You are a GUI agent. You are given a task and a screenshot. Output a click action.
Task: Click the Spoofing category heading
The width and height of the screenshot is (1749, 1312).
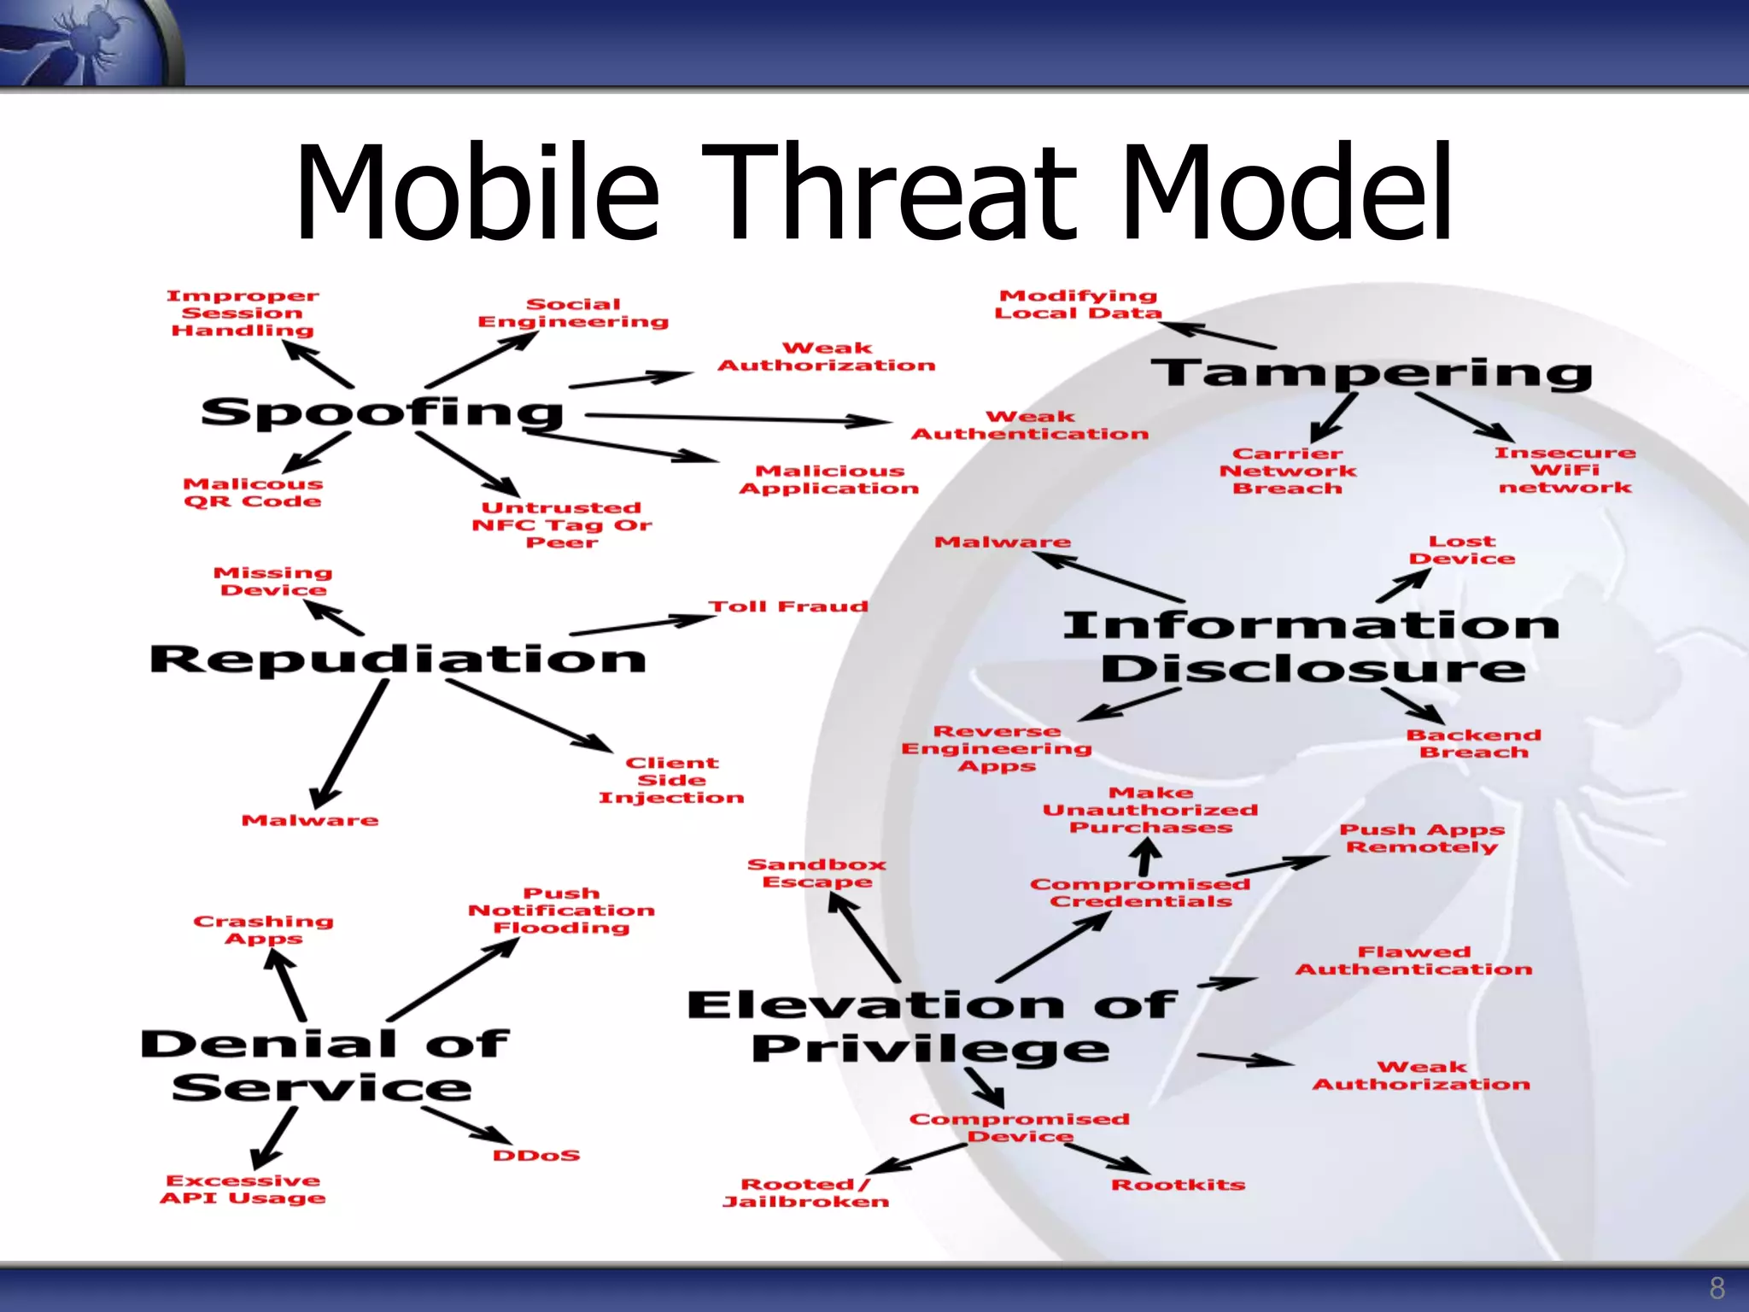[382, 413]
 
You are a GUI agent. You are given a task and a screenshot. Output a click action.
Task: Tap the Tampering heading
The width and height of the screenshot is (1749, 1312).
[1371, 373]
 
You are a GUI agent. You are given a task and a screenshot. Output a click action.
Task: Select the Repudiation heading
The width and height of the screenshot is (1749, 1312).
[397, 659]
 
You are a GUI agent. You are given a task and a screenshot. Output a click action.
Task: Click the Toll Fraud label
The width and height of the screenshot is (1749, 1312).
[787, 606]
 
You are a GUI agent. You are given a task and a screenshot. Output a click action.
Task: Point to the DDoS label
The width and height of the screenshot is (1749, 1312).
[536, 1156]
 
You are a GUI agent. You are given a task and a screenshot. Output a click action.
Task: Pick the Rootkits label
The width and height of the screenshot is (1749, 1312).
[1178, 1185]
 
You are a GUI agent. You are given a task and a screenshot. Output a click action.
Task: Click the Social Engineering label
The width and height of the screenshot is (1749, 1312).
[573, 313]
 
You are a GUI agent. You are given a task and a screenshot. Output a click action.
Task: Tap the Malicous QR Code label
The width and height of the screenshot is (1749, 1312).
[253, 493]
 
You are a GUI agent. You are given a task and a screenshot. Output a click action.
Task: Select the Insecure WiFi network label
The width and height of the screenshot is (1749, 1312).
[1565, 470]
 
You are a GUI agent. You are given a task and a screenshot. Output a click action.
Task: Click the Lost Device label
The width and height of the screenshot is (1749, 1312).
[1461, 550]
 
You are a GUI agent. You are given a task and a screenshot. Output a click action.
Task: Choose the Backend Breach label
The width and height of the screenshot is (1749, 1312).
[1473, 743]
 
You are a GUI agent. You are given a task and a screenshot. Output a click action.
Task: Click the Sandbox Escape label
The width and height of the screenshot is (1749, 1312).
[816, 873]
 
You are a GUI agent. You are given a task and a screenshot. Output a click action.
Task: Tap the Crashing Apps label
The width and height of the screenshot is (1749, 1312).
[263, 929]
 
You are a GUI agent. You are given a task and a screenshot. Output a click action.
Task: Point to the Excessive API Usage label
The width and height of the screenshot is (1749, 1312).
[243, 1189]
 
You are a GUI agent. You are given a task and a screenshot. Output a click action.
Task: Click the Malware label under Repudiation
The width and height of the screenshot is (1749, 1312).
[309, 820]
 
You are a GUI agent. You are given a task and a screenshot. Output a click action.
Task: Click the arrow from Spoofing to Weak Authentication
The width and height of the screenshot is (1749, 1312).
[739, 419]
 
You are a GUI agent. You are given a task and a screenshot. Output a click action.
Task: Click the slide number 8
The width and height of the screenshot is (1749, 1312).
[1717, 1287]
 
